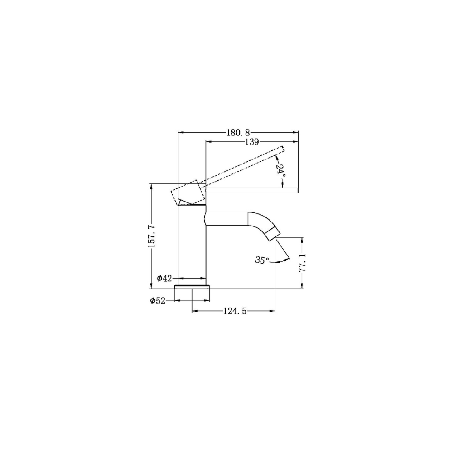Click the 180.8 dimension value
click(x=238, y=133)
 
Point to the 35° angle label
click(x=262, y=260)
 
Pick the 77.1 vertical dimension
click(x=302, y=263)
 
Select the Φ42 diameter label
click(x=164, y=279)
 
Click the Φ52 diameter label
click(x=158, y=301)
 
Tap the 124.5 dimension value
click(x=235, y=311)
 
